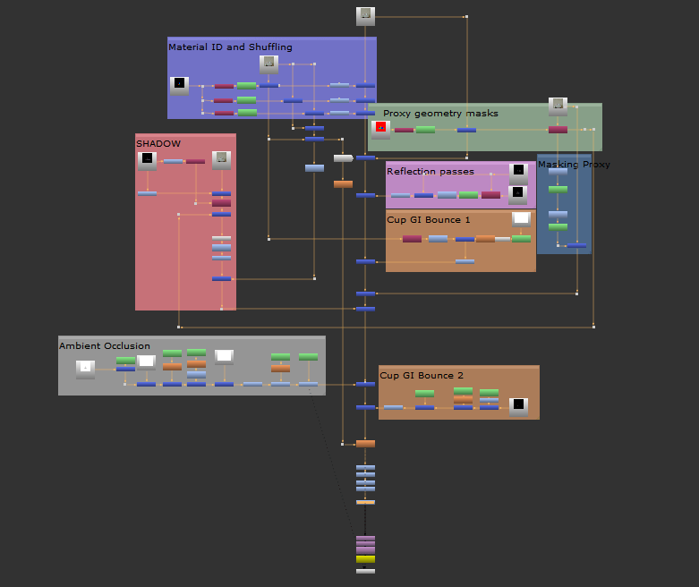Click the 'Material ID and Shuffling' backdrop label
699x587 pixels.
pyautogui.click(x=230, y=47)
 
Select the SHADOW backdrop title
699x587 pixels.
pyautogui.click(x=158, y=143)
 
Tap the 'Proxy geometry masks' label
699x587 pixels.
pyautogui.click(x=440, y=114)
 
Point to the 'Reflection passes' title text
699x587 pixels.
pyautogui.click(x=430, y=171)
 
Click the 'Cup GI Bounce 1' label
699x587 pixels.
pyautogui.click(x=429, y=220)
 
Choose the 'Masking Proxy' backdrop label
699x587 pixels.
pyautogui.click(x=574, y=165)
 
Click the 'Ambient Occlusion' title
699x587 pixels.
pyautogui.click(x=105, y=346)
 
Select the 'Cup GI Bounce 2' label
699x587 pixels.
pyautogui.click(x=422, y=375)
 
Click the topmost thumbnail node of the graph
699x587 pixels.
pyautogui.click(x=365, y=16)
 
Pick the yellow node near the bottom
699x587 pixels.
pyautogui.click(x=365, y=559)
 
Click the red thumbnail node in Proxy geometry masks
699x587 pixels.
pyautogui.click(x=380, y=130)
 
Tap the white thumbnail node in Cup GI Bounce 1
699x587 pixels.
pyautogui.click(x=521, y=219)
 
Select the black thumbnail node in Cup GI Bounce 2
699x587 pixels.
pyautogui.click(x=518, y=407)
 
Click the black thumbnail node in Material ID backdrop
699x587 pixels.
pyautogui.click(x=179, y=86)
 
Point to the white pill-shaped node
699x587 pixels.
pyautogui.click(x=344, y=158)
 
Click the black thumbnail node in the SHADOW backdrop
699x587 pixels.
pyautogui.click(x=147, y=161)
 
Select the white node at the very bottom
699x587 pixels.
pyautogui.click(x=365, y=571)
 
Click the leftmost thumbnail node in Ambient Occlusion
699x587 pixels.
pyautogui.click(x=85, y=370)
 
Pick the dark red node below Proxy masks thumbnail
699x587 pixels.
pyautogui.click(x=558, y=130)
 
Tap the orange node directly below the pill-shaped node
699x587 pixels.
pyautogui.click(x=344, y=184)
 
